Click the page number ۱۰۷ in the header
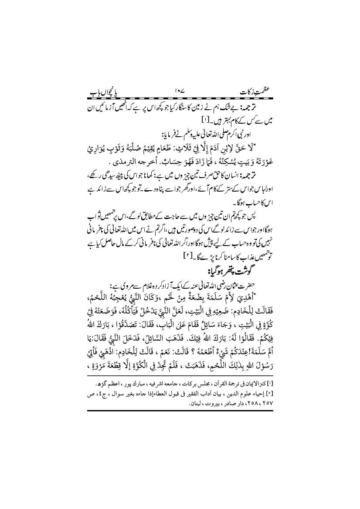[x=180, y=93]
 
